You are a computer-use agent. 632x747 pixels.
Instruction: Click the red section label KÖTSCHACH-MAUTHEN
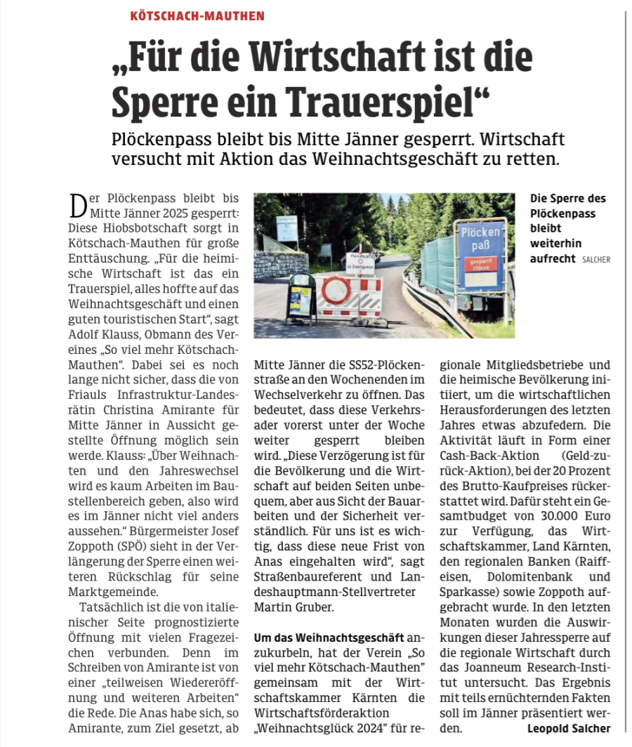pos(197,15)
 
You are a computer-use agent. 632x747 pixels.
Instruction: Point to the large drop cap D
pos(79,206)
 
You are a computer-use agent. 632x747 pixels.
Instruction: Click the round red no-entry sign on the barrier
pos(336,289)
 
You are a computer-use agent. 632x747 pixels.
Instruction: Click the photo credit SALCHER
pos(595,260)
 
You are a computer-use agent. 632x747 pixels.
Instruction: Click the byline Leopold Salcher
pos(569,728)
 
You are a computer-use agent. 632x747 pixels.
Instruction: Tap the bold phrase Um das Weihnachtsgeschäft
pos(329,637)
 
